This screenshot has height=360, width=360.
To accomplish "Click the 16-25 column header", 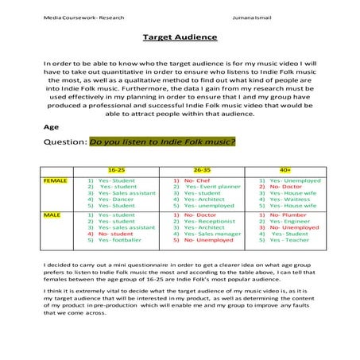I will pyautogui.click(x=116, y=170).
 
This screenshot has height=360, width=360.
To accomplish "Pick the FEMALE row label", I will pyautogui.click(x=56, y=180).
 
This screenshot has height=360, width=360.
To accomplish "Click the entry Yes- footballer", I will pyautogui.click(x=119, y=240).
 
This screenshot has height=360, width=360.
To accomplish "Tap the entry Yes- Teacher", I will pyautogui.click(x=289, y=240).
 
